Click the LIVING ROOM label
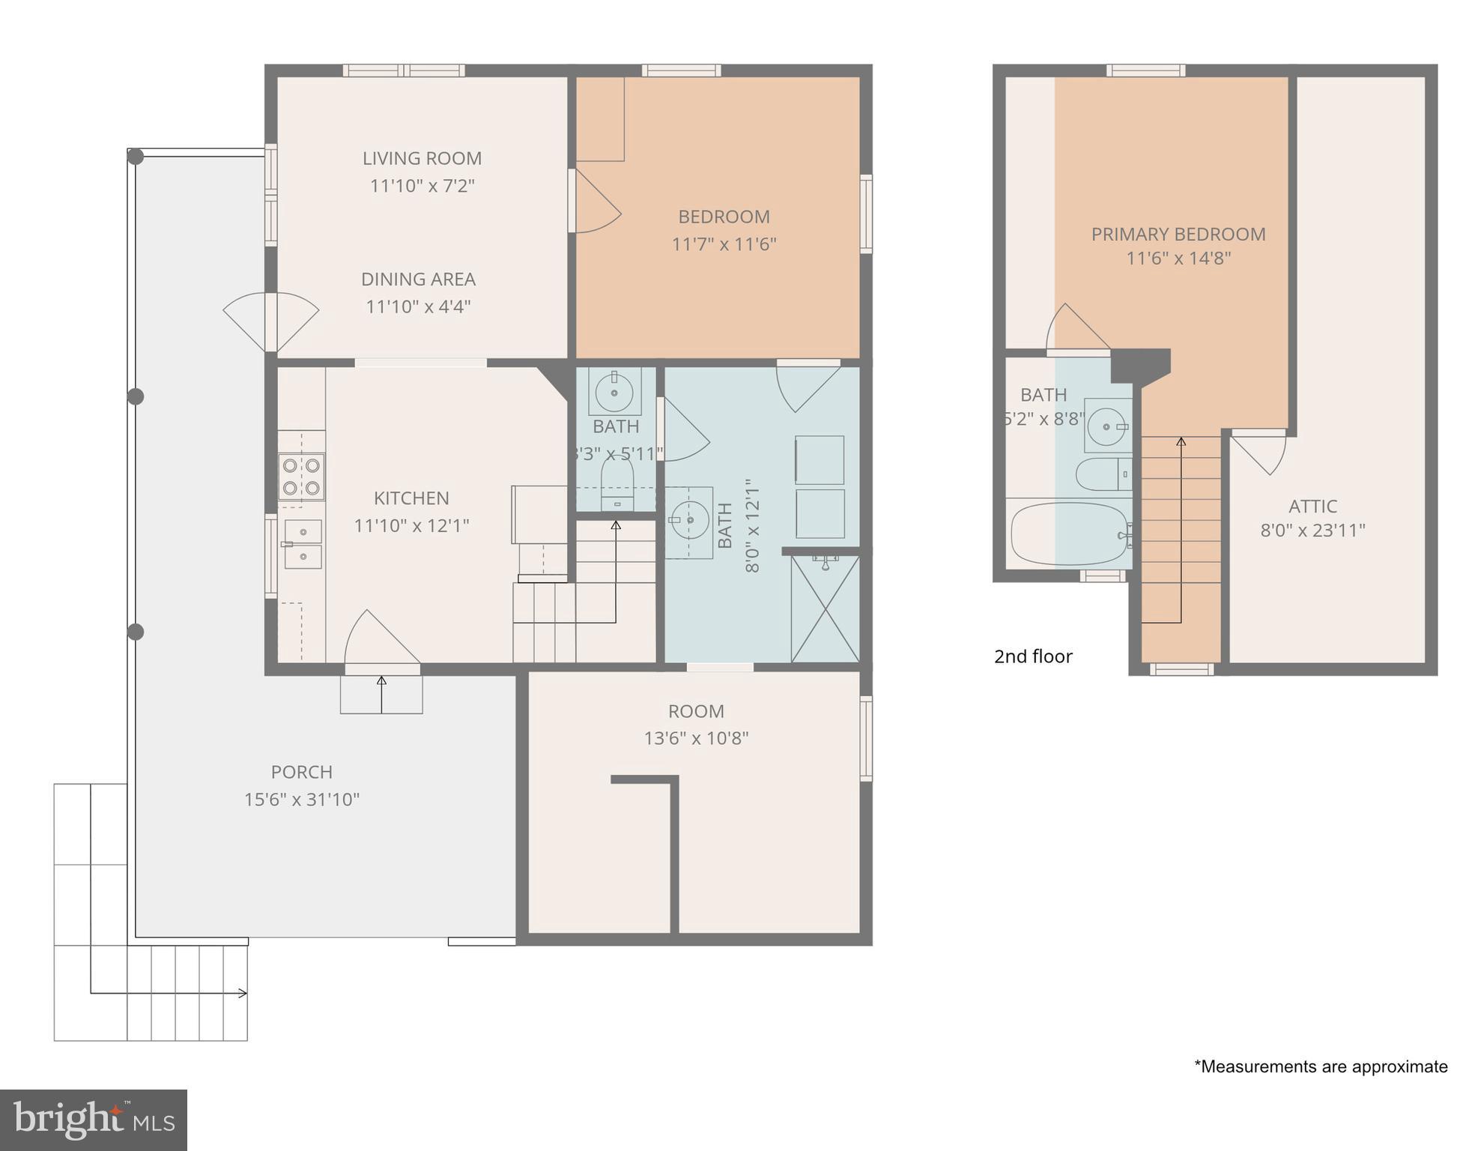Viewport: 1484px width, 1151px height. (422, 158)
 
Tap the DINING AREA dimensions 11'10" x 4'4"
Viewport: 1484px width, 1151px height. (418, 306)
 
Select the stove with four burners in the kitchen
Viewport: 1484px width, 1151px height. (301, 477)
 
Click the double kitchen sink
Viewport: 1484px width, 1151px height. (303, 544)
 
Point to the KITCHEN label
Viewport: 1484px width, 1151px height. (411, 498)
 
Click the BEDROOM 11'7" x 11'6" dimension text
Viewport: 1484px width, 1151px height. (724, 244)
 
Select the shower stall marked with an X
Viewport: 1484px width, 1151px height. (825, 608)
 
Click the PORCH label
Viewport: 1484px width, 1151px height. (301, 772)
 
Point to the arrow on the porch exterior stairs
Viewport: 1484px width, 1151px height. (242, 994)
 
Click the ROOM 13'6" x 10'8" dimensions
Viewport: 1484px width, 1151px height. (696, 739)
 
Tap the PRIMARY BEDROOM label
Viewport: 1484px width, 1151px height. (1178, 235)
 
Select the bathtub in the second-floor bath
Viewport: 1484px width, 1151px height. (1070, 534)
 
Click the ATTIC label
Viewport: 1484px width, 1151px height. (1312, 507)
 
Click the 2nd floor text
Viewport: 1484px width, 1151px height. (1032, 656)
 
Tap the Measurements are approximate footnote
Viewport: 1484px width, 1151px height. (1320, 1066)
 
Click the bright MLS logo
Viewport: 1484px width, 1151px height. (93, 1120)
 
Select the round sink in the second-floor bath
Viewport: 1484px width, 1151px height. (1106, 426)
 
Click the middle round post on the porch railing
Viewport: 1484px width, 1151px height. (136, 396)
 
